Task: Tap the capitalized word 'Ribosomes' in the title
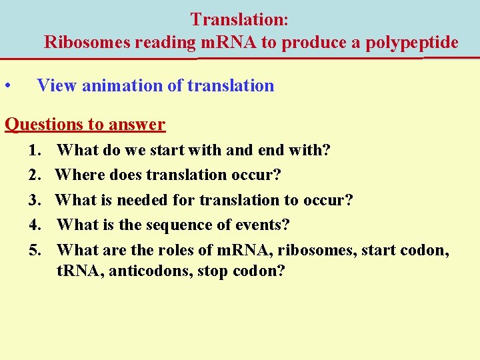coord(87,43)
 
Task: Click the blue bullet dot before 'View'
coord(7,86)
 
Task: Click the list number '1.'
coord(37,151)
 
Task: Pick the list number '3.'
coord(37,201)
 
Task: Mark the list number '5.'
coord(37,251)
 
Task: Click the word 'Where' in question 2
coord(77,175)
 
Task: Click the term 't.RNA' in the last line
coord(77,272)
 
